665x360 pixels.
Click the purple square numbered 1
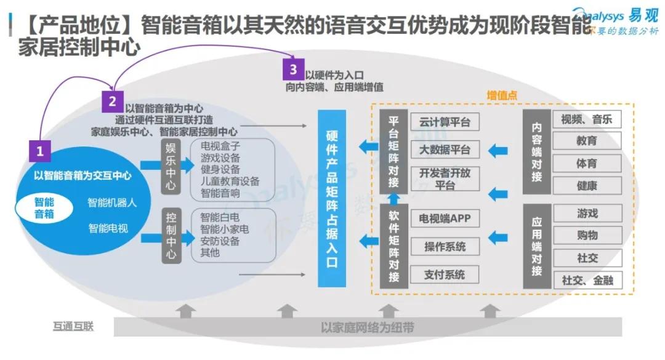tap(40, 150)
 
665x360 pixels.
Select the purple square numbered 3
tap(292, 69)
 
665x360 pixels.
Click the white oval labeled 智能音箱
tap(44, 208)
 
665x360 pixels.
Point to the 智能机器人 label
tap(112, 202)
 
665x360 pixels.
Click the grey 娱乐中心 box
tap(171, 167)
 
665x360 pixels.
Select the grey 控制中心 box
tap(171, 236)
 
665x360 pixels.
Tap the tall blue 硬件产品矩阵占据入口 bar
tap(332, 198)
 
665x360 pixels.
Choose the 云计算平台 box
tap(445, 122)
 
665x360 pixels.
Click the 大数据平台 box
tap(445, 150)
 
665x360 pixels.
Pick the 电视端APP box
tap(445, 218)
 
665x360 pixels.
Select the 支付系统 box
tap(445, 274)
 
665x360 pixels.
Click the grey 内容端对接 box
tap(536, 151)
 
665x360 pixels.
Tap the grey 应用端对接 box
tap(536, 246)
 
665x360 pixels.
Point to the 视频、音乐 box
tap(586, 119)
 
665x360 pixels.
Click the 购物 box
tap(587, 236)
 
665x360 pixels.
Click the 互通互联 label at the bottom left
tap(73, 326)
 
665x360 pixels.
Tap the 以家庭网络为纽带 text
tap(368, 327)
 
